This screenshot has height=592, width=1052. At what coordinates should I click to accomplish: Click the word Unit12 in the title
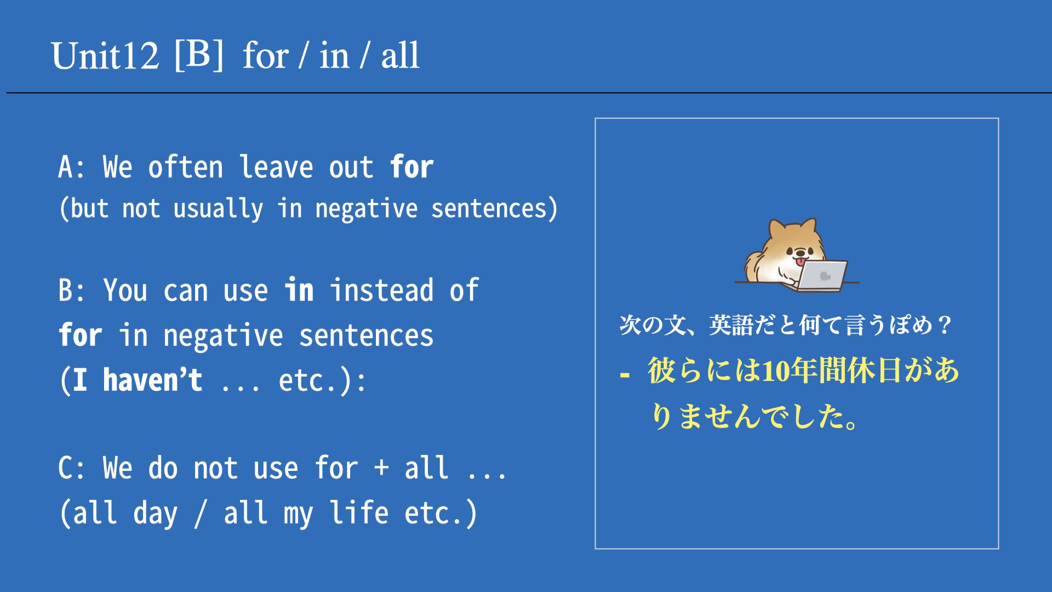[x=105, y=56]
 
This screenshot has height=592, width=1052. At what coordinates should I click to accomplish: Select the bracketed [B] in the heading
[x=199, y=55]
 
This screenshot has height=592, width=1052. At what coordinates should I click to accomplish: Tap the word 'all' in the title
[x=400, y=56]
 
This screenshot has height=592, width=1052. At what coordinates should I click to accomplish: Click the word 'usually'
[x=218, y=209]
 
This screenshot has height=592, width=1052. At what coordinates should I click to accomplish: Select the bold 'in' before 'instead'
[x=299, y=290]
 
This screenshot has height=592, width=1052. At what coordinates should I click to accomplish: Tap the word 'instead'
[x=382, y=290]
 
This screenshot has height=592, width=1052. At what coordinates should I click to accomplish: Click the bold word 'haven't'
[x=152, y=380]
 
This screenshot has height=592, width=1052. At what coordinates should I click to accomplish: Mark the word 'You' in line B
[x=125, y=290]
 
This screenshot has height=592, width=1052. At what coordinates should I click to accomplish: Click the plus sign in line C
[x=381, y=469]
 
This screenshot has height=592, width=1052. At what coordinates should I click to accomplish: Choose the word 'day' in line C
[x=156, y=514]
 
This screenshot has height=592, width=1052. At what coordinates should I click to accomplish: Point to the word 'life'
[x=359, y=512]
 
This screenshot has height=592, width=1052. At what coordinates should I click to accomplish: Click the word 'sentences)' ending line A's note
[x=494, y=209]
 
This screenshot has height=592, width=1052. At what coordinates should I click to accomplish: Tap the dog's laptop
[x=822, y=276]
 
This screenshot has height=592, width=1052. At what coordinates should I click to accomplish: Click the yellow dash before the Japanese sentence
[x=625, y=375]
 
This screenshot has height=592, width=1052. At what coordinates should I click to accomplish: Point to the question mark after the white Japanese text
[x=945, y=325]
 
